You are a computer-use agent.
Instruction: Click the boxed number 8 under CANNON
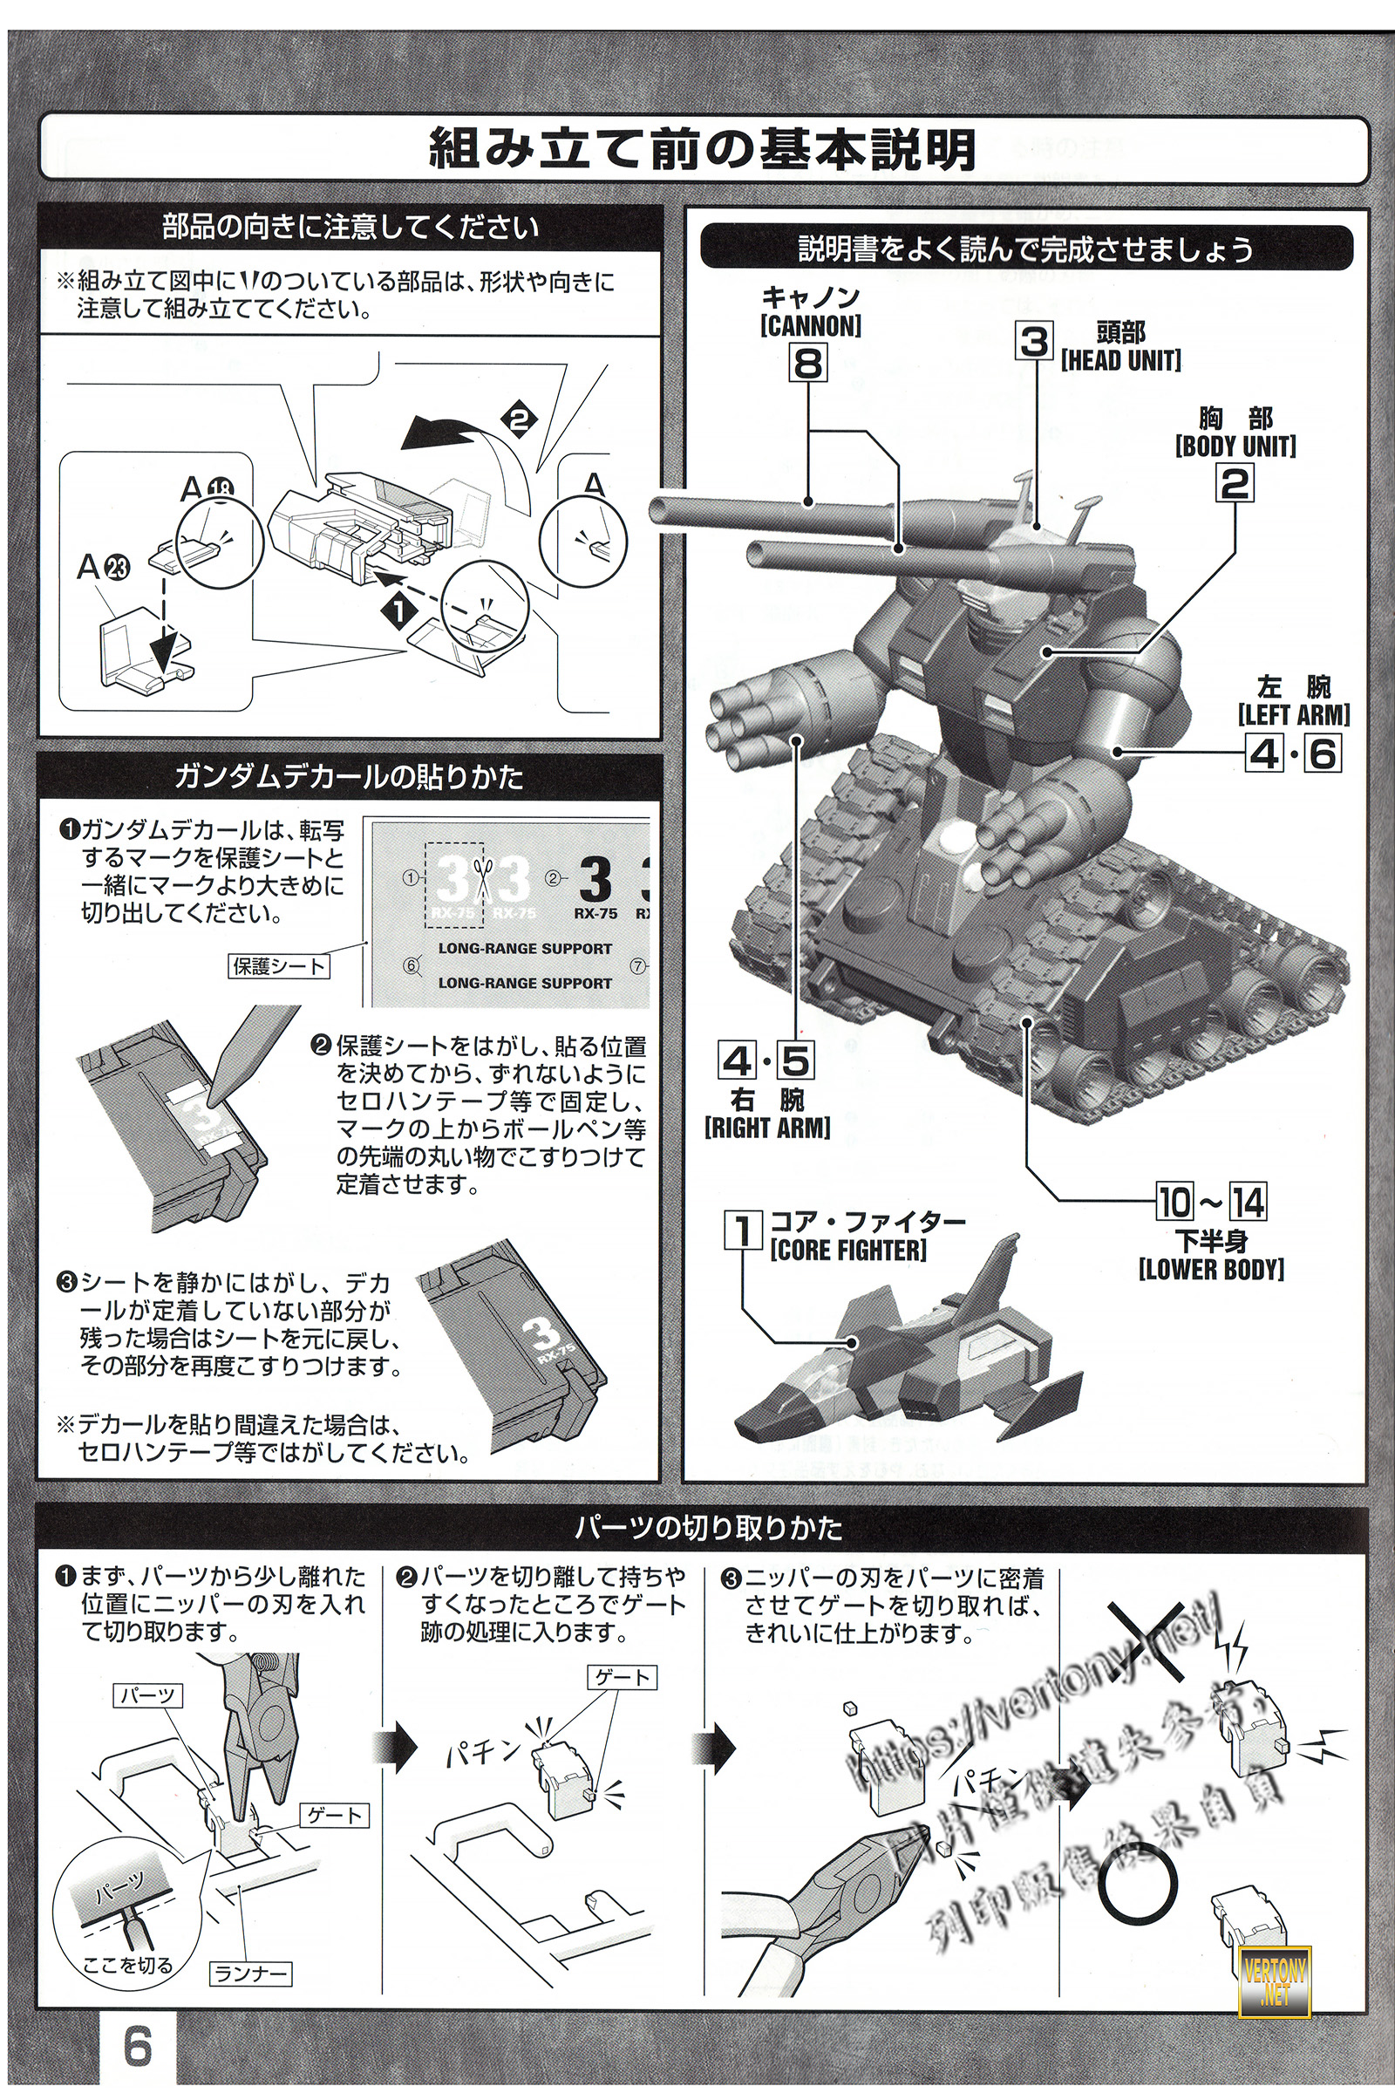808,362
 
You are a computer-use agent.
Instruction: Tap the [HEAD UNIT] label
1120,360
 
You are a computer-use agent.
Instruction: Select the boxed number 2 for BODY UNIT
1235,483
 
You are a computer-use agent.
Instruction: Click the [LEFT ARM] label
1293,714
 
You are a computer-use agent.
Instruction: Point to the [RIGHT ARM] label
767,1128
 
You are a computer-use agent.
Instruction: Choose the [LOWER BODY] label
1211,1269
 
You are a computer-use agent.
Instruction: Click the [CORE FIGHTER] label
847,1250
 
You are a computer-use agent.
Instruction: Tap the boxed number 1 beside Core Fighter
744,1231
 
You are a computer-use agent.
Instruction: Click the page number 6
138,2046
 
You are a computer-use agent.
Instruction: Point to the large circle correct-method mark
1137,1885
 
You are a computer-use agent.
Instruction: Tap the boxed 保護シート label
278,965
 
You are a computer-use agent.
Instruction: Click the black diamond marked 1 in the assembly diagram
398,611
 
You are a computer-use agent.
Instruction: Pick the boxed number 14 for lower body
1248,1203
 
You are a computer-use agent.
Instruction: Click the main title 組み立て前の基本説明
703,148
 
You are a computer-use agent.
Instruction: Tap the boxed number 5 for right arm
795,1060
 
